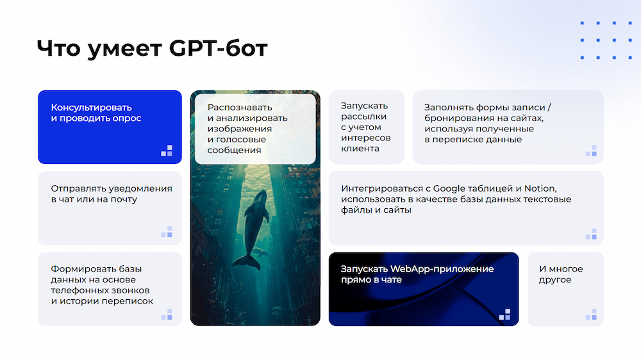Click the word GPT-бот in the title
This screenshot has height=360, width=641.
coord(218,48)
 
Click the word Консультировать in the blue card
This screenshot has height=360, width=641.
coord(91,108)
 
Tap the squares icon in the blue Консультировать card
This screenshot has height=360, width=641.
coord(167,151)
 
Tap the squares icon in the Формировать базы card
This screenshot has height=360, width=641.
coord(167,315)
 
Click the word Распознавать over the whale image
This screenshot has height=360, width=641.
coord(240,108)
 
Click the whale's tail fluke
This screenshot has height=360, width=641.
coord(247,262)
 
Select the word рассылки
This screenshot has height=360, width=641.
coord(363,117)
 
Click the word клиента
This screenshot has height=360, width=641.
coord(360,149)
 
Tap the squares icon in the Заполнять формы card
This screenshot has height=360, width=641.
coord(591,151)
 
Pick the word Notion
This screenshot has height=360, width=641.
coord(540,189)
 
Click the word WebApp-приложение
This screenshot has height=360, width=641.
coord(442,269)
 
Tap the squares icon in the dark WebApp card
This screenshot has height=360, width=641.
coord(505,315)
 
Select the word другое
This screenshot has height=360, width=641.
coord(554,280)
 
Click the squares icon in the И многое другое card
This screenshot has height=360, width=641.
coord(591,315)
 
